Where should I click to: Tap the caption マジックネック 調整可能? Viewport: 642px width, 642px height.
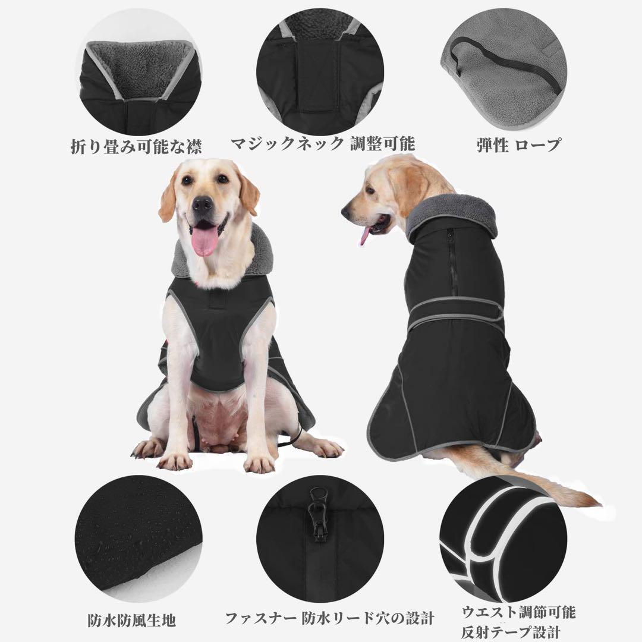tap(323, 144)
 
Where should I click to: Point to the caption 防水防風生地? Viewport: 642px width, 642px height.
tap(133, 621)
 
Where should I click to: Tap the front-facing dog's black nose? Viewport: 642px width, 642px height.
tap(203, 204)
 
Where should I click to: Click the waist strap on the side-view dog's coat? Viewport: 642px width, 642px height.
tap(452, 312)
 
